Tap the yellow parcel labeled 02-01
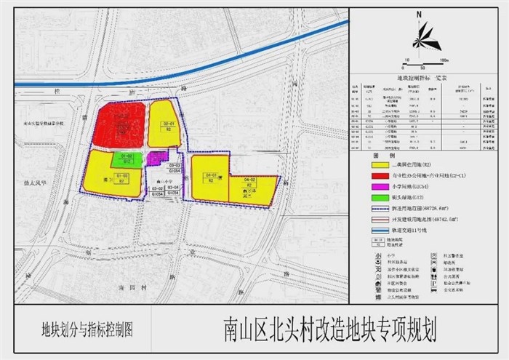(x=167, y=124)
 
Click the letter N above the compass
(x=420, y=14)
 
